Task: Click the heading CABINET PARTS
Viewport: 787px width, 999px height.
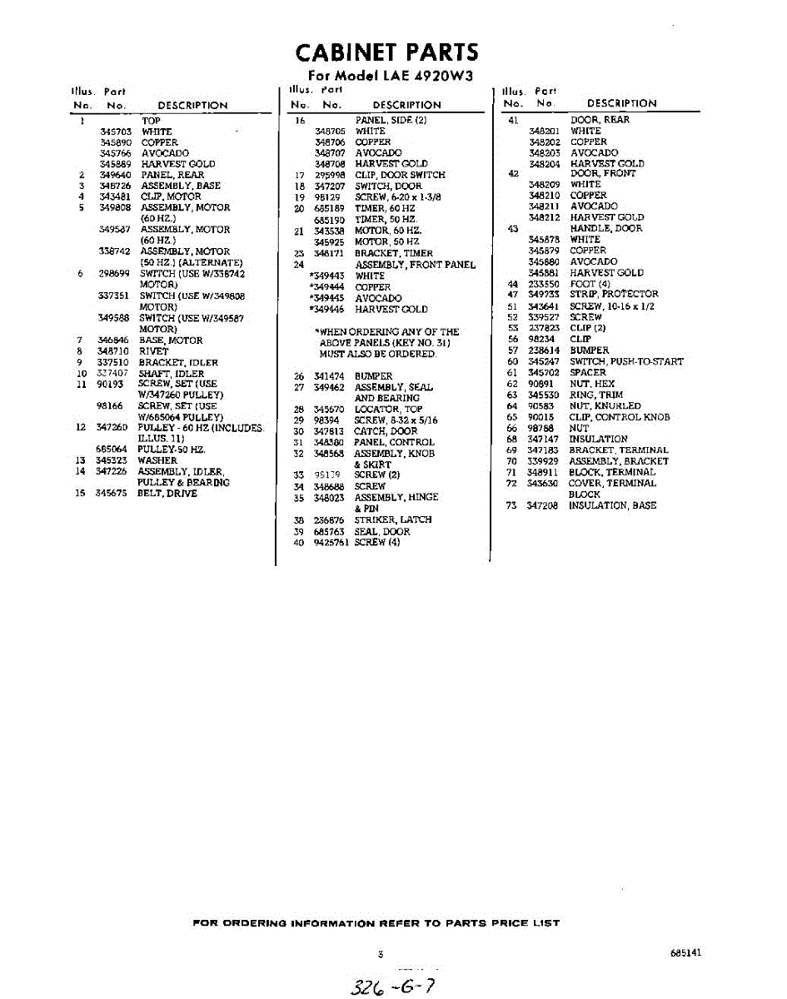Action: click(x=387, y=53)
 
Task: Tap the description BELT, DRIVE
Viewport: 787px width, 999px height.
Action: click(x=167, y=494)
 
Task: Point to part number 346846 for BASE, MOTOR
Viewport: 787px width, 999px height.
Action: click(x=112, y=340)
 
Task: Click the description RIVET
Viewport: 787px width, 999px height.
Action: click(x=153, y=351)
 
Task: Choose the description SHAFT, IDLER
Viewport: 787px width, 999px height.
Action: click(x=171, y=374)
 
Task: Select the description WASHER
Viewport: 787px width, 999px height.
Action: click(x=157, y=460)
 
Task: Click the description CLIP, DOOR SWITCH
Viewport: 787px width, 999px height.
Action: click(x=400, y=175)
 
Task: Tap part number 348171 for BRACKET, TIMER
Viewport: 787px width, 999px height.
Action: click(x=328, y=253)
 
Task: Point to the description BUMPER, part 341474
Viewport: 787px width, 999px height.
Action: click(x=373, y=376)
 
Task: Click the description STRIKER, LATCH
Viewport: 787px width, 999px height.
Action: click(x=393, y=519)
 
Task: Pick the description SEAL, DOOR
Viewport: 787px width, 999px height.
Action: click(x=382, y=531)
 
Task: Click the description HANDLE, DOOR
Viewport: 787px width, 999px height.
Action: click(x=605, y=228)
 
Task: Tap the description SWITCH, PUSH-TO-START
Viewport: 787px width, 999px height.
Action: click(x=626, y=361)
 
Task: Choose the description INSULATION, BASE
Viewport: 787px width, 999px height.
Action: click(x=613, y=505)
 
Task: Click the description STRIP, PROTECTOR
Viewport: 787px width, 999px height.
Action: click(x=614, y=294)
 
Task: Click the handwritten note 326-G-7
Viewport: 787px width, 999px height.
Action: click(x=392, y=987)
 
